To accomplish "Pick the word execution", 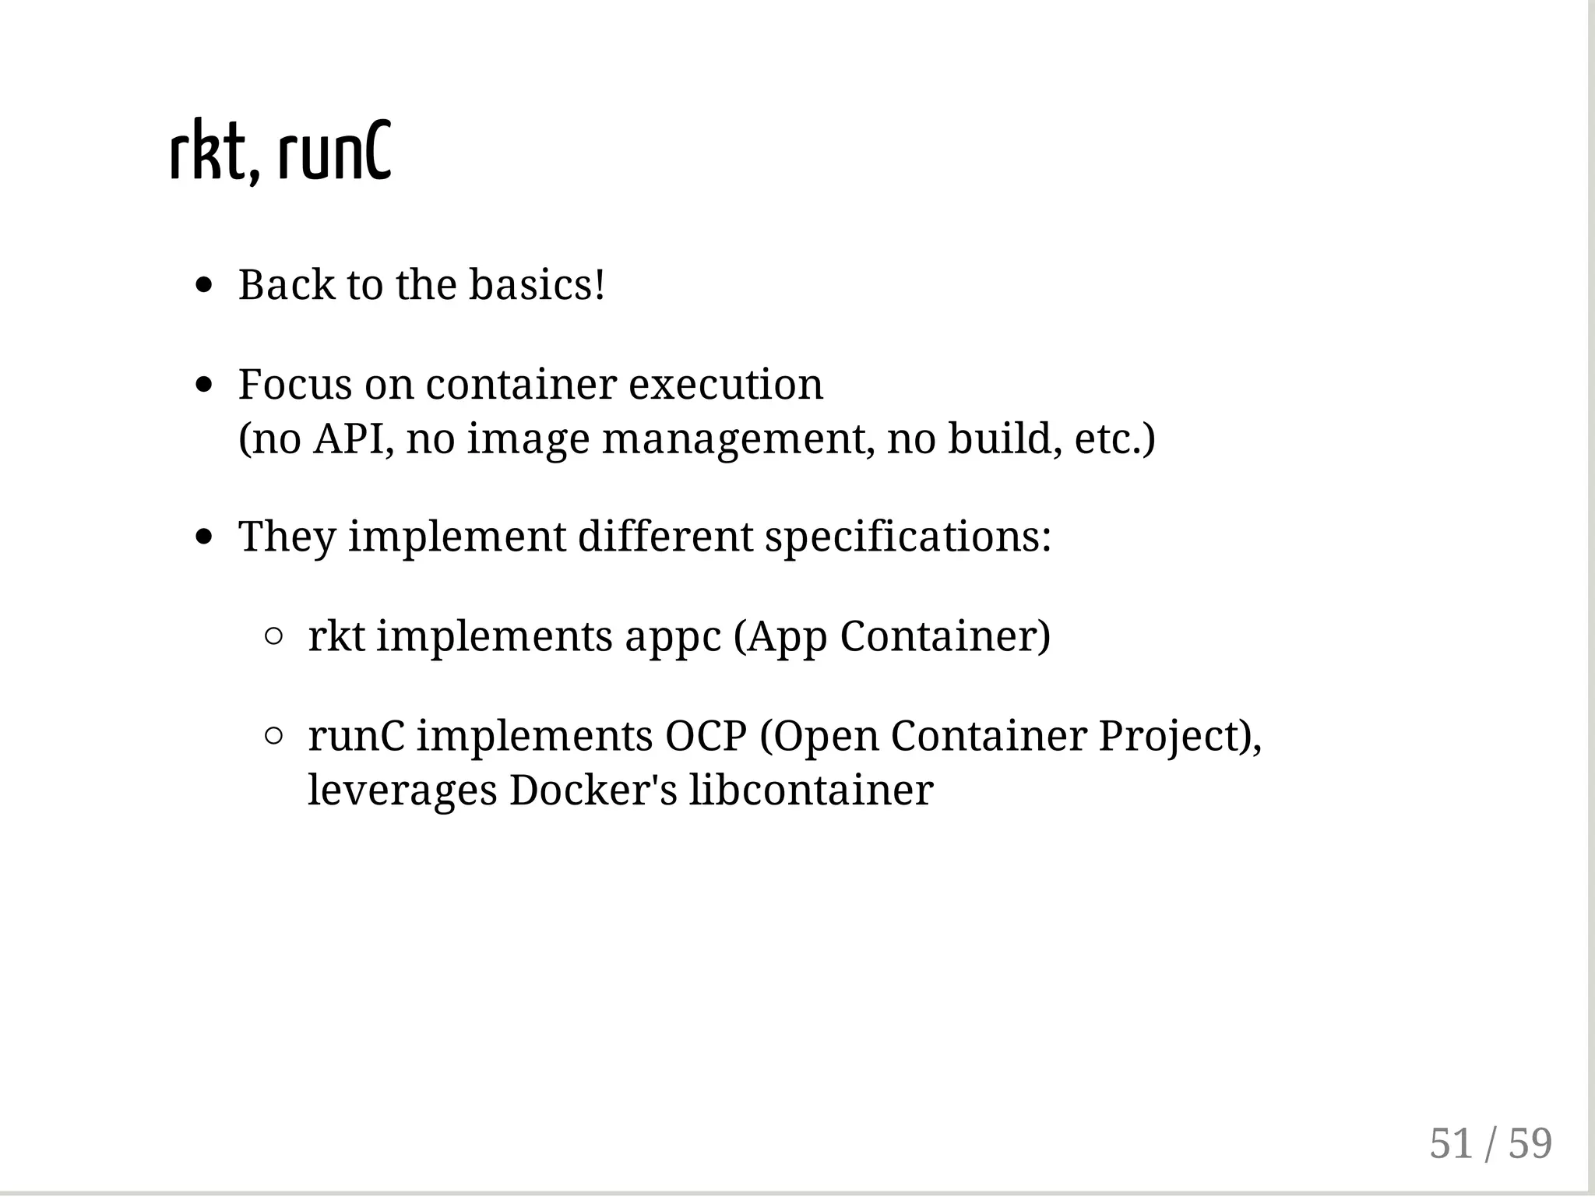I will [725, 384].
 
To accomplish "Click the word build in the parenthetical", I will [1005, 438].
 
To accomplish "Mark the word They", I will [287, 537].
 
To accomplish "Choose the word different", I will [665, 537].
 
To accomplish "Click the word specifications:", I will [908, 537].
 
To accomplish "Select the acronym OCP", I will [706, 735].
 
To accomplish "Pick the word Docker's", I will [593, 790].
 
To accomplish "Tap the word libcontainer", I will [811, 790].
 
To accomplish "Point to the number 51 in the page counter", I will [1451, 1143].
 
